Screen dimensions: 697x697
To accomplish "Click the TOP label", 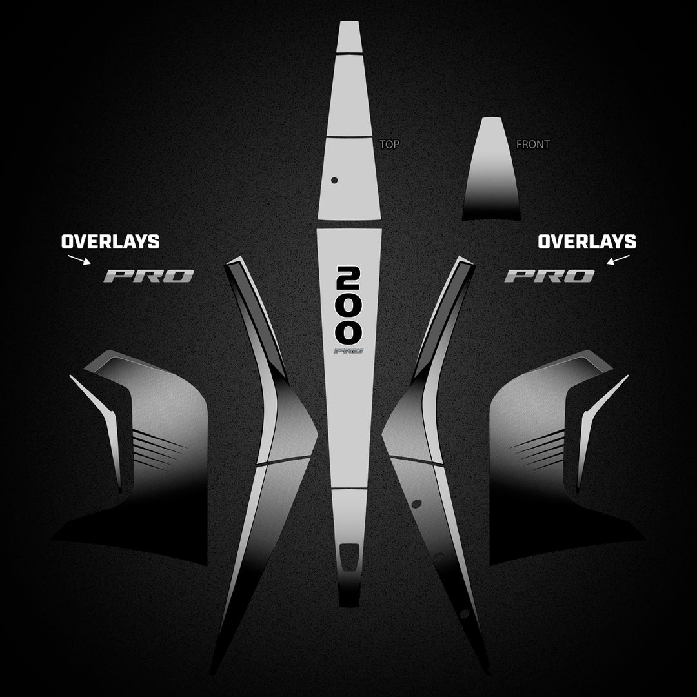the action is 389,144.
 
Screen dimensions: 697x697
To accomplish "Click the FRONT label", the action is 533,144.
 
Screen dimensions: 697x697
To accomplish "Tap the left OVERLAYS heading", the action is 110,242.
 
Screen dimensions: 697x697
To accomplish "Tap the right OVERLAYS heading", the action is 587,242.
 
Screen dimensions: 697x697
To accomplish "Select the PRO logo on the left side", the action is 148,276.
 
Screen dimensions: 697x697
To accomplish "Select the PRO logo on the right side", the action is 549,276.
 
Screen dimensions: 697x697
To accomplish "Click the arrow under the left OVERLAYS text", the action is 79,259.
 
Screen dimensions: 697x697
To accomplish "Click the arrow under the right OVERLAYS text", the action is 618,259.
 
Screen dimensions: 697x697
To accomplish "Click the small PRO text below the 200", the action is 348,350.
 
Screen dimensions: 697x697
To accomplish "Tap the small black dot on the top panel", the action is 334,180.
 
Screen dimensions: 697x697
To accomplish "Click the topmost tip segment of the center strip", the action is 348,37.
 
